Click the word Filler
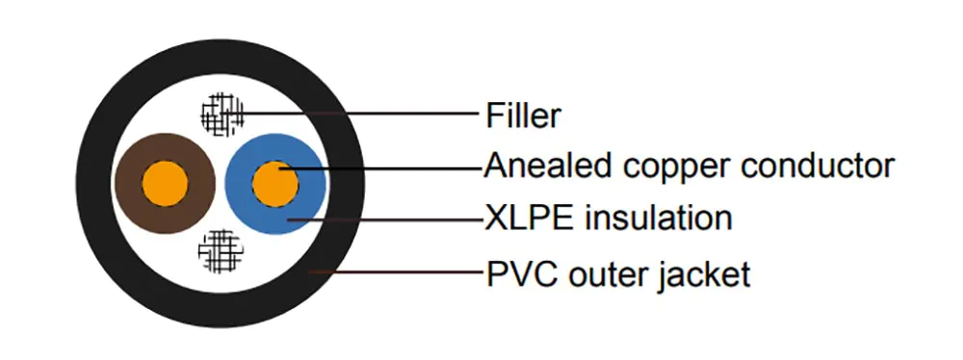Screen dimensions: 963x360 (x=524, y=116)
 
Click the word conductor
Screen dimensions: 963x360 (x=818, y=166)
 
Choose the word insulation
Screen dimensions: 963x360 (x=655, y=218)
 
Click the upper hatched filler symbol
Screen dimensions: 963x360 (x=222, y=115)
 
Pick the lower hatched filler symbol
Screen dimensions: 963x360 (x=221, y=249)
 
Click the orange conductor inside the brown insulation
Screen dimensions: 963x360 (x=165, y=182)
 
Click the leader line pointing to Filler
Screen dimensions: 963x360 (x=366, y=115)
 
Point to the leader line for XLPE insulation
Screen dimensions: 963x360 (x=385, y=219)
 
